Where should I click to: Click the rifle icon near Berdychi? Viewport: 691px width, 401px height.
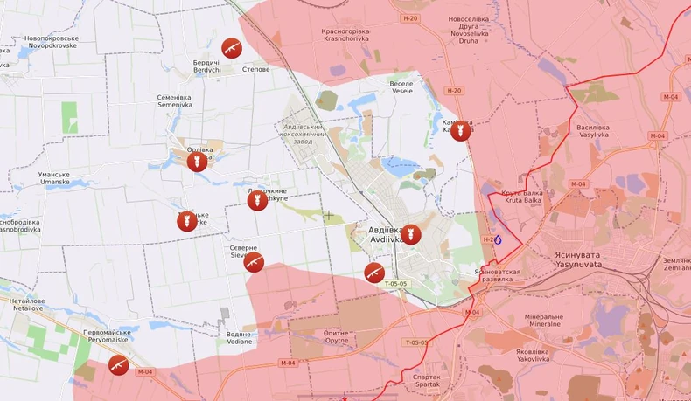point(232,47)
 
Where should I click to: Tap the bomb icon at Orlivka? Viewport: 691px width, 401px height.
point(198,162)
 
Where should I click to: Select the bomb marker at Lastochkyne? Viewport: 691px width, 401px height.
point(256,202)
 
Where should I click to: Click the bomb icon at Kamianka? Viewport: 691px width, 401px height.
point(460,131)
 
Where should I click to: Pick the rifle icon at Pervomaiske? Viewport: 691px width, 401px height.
point(117,364)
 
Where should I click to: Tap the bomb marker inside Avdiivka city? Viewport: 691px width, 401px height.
point(411,234)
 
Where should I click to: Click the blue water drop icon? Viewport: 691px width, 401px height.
point(499,239)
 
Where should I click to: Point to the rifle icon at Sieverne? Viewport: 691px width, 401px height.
point(254,262)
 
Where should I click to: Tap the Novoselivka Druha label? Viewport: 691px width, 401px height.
point(475,29)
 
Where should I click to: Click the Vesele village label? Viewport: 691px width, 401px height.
point(401,87)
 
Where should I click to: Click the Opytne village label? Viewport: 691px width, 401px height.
point(336,336)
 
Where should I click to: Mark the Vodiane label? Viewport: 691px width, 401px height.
point(239,337)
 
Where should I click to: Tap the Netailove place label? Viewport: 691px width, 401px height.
point(27,304)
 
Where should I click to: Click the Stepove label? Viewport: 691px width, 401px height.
point(255,69)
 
